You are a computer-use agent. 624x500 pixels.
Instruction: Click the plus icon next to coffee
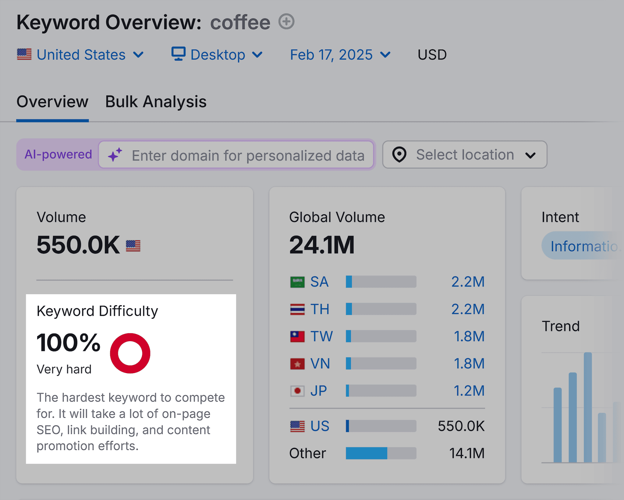pos(286,22)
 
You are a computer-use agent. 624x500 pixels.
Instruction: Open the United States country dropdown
pos(80,55)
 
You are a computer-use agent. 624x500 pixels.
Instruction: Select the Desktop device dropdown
pos(217,55)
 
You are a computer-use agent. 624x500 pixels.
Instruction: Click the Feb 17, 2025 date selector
pos(340,55)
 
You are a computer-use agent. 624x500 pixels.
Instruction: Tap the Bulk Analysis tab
pos(156,102)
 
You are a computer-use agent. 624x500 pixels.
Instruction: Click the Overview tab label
pos(52,102)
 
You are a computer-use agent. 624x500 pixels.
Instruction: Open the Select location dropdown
pos(464,155)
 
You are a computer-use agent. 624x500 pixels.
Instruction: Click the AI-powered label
pos(58,155)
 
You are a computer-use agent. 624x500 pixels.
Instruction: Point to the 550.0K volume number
pos(78,245)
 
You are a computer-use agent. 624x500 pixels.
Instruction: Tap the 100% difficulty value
pos(69,343)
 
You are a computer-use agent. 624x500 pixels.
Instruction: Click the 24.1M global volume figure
pos(322,245)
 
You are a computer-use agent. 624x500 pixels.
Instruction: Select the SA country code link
pos(319,282)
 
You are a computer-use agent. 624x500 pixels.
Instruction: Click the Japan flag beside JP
pos(297,391)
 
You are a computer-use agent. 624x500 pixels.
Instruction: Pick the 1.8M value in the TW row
pos(469,336)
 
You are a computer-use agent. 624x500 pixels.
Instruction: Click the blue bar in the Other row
pos(367,453)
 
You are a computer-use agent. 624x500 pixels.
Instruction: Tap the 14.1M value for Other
pos(466,453)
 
